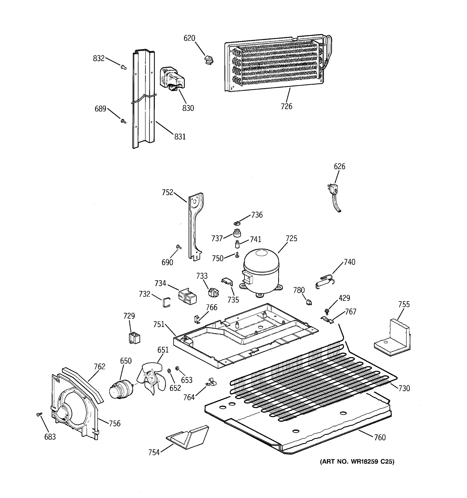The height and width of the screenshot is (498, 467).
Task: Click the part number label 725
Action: click(291, 238)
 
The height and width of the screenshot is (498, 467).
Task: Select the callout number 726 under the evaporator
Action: click(286, 106)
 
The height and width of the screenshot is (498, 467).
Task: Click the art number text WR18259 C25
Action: click(357, 462)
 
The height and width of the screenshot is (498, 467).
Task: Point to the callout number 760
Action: click(380, 438)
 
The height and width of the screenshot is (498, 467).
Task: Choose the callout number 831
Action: click(180, 137)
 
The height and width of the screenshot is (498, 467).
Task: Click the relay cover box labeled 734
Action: click(187, 296)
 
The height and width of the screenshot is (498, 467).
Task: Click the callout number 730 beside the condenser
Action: click(404, 388)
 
